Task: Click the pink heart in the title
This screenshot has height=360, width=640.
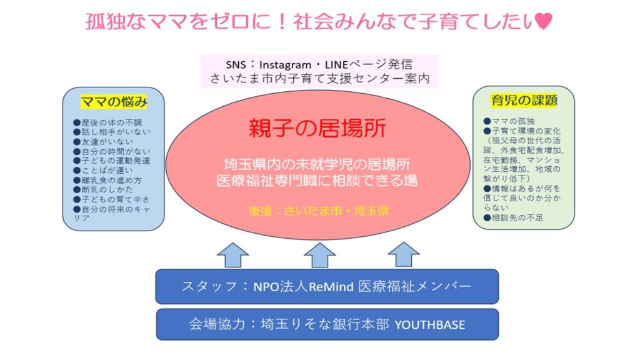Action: [x=543, y=21]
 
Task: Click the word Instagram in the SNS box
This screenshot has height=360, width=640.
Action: [x=285, y=65]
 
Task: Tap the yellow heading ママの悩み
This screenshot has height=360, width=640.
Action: [x=114, y=102]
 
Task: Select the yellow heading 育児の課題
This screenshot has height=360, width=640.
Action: [x=524, y=101]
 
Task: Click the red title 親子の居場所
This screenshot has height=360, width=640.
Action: [x=317, y=127]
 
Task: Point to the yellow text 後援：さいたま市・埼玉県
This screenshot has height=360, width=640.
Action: [x=319, y=211]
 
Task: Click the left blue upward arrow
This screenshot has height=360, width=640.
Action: [x=232, y=255]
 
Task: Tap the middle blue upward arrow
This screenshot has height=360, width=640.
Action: [x=319, y=255]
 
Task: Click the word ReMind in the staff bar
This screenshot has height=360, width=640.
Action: [x=331, y=286]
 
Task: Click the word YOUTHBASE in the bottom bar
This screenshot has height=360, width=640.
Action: [x=430, y=324]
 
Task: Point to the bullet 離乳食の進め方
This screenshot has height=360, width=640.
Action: [x=107, y=180]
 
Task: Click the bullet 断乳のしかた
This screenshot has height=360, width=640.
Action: [x=103, y=189]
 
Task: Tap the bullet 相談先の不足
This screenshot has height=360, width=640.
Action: [x=514, y=217]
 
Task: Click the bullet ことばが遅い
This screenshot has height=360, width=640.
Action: [x=103, y=170]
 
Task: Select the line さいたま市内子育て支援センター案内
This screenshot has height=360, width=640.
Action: [x=320, y=78]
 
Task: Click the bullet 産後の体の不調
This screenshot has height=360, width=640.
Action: [x=107, y=122]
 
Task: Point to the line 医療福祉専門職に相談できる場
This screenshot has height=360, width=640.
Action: [x=317, y=181]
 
